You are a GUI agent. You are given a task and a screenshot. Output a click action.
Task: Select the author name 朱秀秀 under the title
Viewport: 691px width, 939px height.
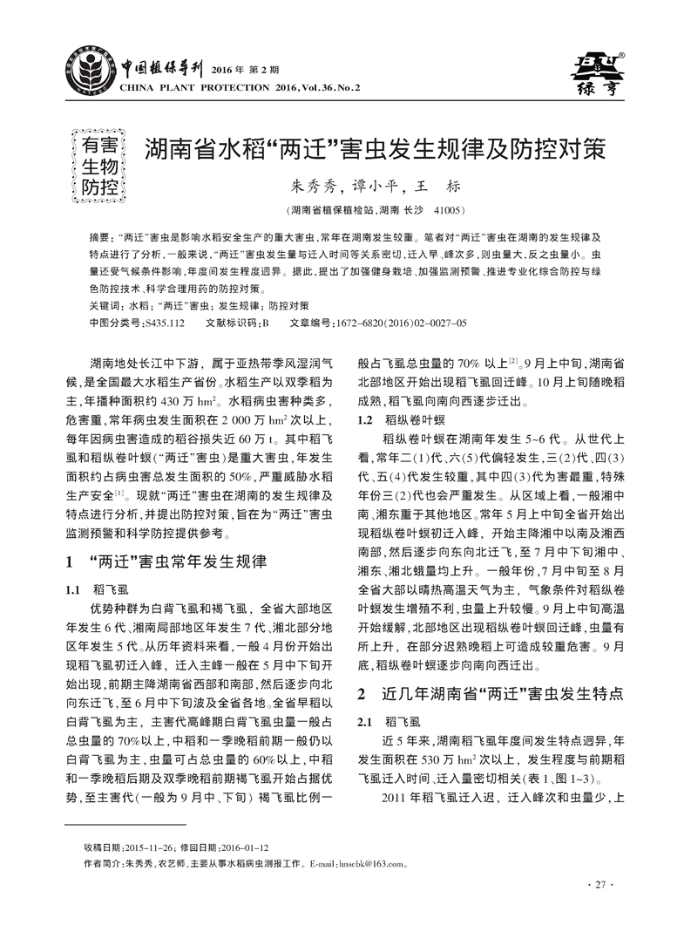pyautogui.click(x=309, y=187)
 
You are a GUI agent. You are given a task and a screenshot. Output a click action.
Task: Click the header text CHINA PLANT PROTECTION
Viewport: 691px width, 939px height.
pyautogui.click(x=183, y=87)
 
